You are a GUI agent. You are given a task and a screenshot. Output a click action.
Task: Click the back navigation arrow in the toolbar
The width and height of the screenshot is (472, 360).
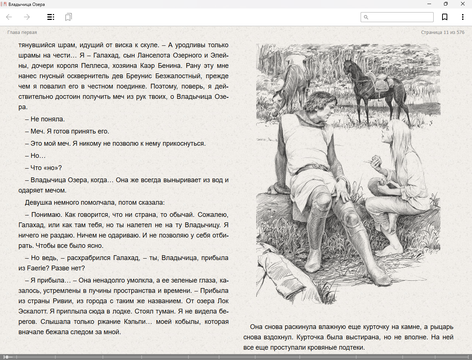click(9, 17)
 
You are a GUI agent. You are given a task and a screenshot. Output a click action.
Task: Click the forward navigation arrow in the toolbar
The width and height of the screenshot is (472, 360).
click(27, 17)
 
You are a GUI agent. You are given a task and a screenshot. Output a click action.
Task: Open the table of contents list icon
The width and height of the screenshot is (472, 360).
click(51, 17)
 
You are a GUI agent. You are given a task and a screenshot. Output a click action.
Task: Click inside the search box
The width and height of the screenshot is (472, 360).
click(400, 17)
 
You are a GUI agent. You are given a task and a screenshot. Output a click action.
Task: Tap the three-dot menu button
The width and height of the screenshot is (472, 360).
click(462, 17)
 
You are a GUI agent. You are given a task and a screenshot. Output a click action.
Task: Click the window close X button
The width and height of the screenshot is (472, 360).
click(462, 4)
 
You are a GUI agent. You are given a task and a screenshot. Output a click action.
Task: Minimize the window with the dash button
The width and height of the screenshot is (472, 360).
click(429, 4)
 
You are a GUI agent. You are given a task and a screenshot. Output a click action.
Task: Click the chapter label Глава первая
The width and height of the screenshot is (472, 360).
click(22, 32)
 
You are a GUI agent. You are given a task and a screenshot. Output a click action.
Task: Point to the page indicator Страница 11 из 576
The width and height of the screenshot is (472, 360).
click(442, 32)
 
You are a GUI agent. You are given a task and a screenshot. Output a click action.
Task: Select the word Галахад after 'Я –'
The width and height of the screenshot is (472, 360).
click(106, 55)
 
